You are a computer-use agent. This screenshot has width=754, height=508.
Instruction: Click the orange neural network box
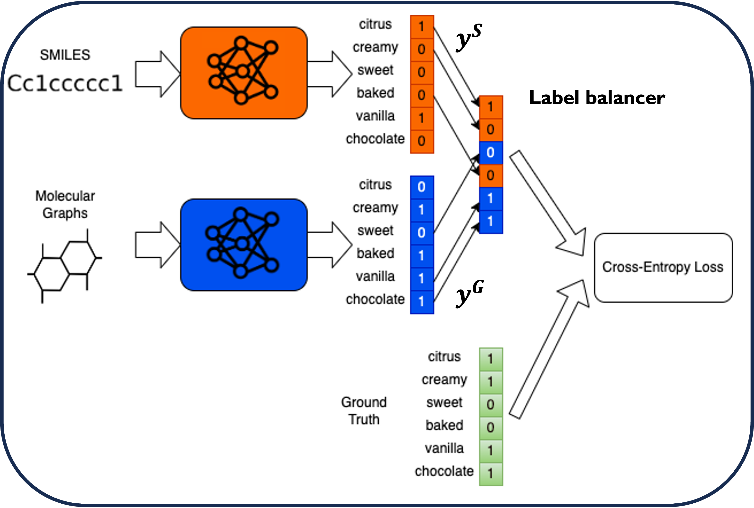click(x=244, y=73)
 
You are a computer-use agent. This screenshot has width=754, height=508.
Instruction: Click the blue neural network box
click(x=244, y=245)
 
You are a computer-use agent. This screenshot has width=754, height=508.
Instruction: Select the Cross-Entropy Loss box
click(x=663, y=268)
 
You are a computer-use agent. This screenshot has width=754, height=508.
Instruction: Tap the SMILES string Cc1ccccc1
click(x=65, y=84)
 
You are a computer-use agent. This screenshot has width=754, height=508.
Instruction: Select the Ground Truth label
click(x=364, y=411)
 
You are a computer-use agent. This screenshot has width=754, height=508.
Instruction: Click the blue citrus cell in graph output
click(x=422, y=187)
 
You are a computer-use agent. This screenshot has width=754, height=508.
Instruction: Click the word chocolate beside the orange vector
click(x=375, y=139)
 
